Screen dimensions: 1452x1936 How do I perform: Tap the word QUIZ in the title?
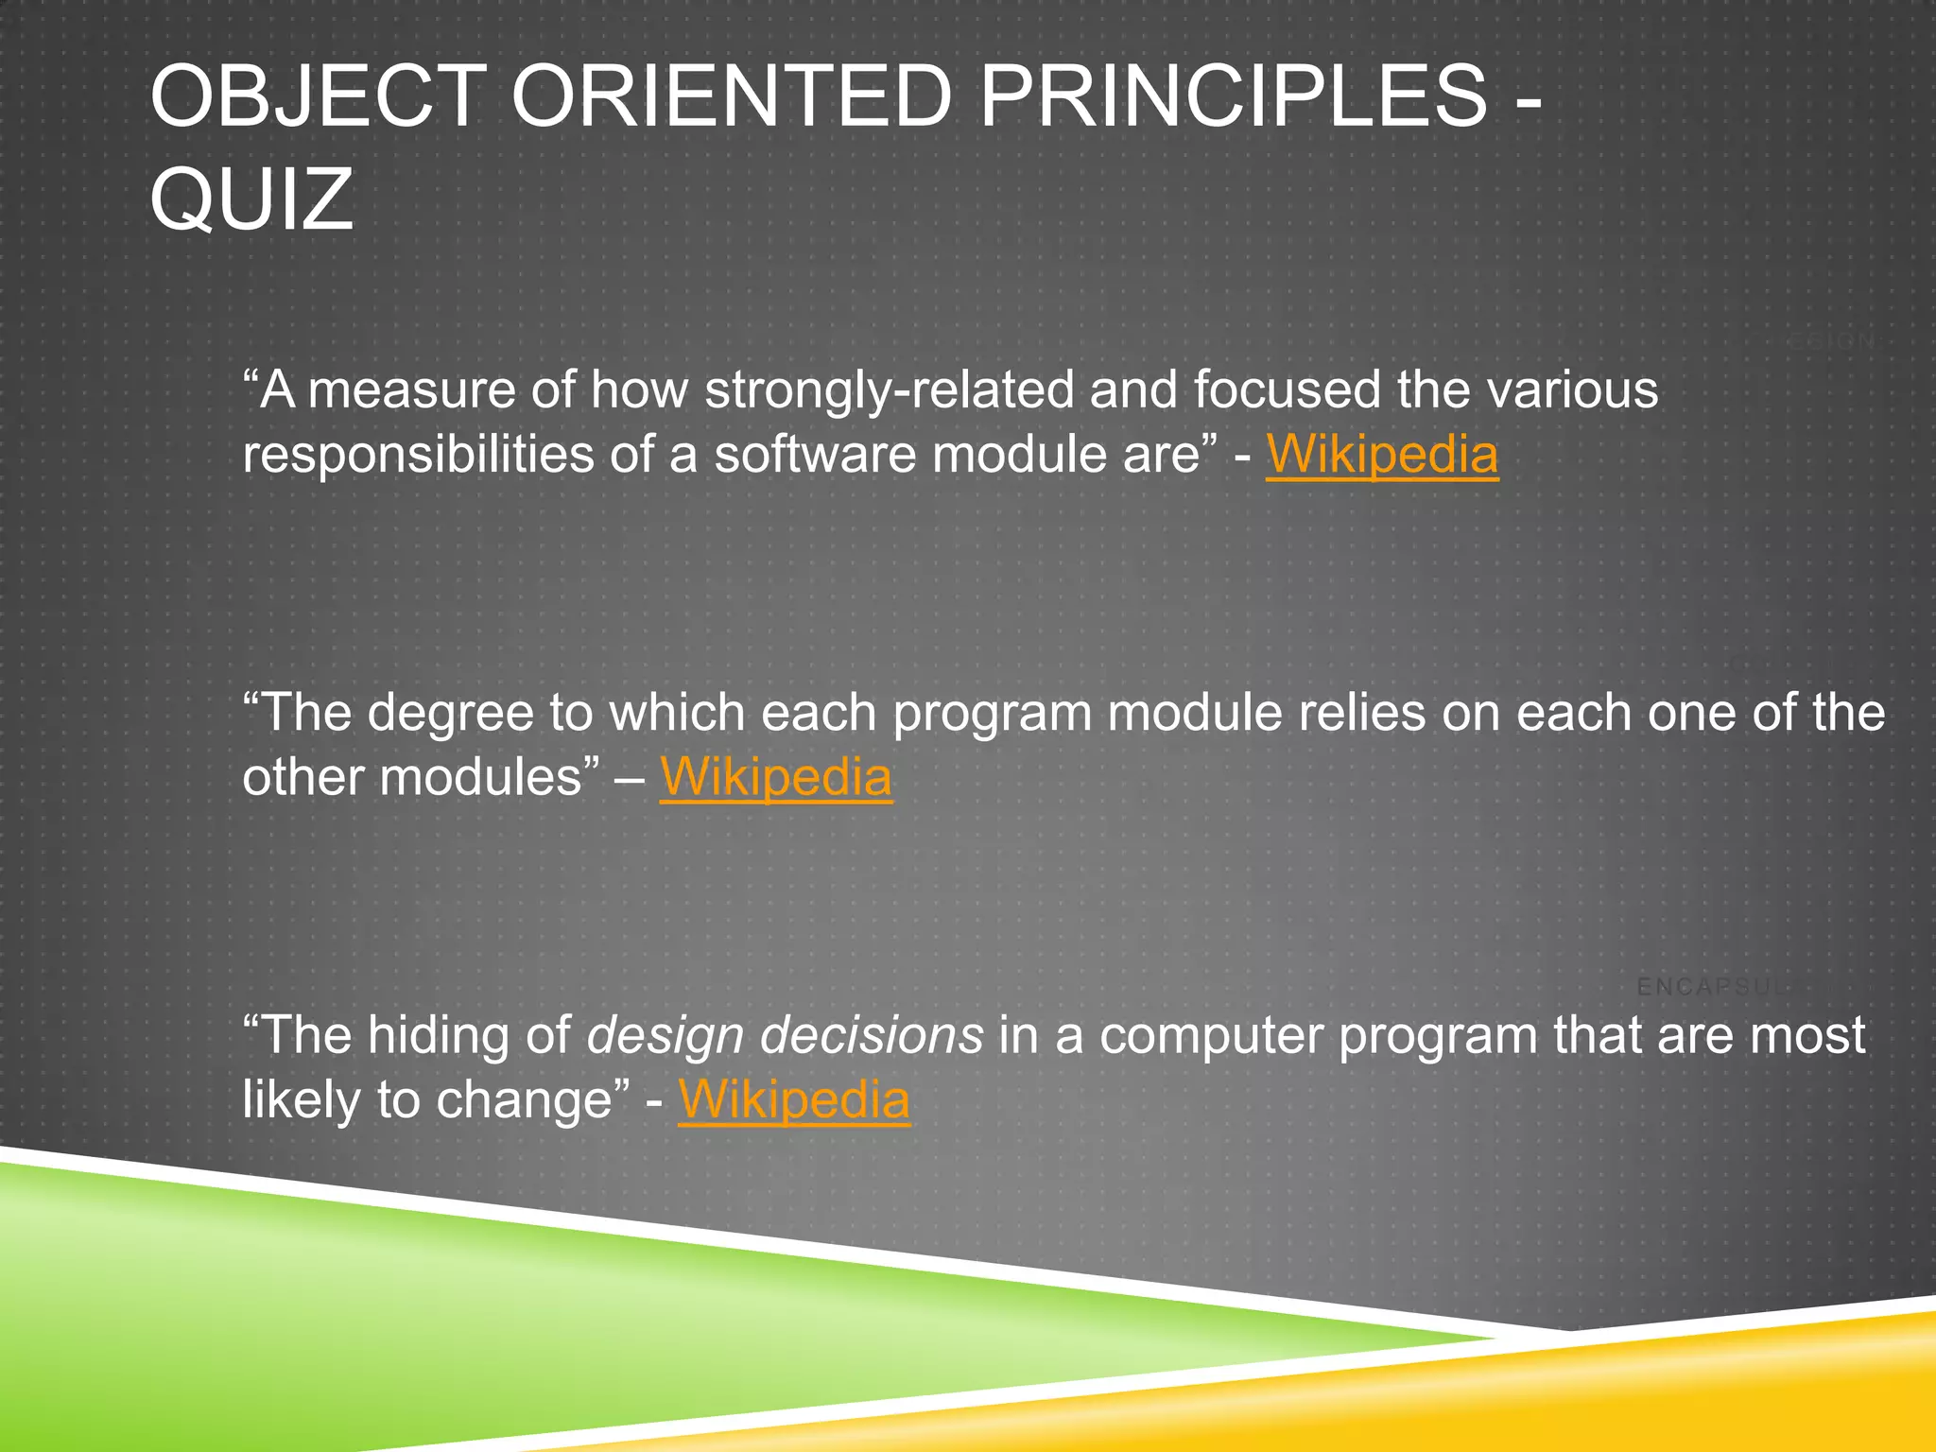[x=251, y=199]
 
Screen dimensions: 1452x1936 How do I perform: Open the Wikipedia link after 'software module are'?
[x=1381, y=455]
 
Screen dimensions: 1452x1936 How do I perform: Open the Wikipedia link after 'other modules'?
[x=775, y=777]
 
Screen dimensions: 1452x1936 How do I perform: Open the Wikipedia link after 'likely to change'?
[x=793, y=1100]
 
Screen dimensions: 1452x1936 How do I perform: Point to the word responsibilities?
[x=418, y=455]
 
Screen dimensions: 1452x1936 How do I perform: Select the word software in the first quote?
[x=815, y=455]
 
